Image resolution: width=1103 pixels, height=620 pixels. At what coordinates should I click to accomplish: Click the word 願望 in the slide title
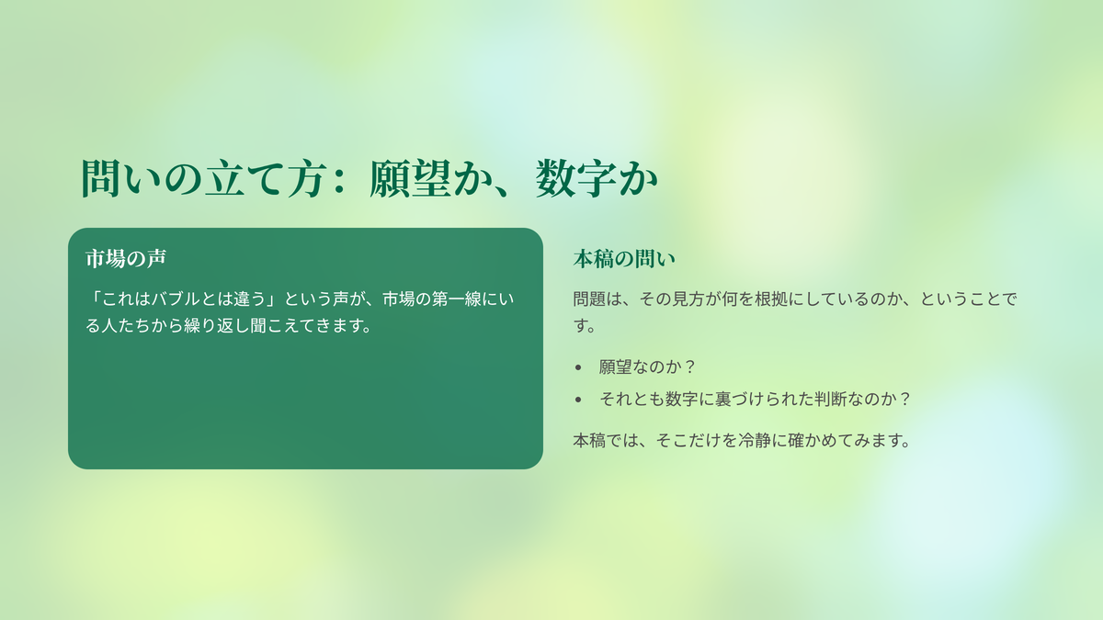[x=410, y=178]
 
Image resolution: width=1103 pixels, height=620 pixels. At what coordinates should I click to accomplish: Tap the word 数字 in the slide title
[x=576, y=178]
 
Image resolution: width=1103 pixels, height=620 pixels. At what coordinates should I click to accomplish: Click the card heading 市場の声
[x=126, y=258]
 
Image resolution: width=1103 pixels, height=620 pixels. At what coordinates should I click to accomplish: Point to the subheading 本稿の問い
[x=624, y=259]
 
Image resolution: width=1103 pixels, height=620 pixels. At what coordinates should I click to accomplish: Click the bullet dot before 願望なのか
[x=578, y=367]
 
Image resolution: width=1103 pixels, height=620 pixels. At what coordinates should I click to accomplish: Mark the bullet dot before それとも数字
[x=578, y=400]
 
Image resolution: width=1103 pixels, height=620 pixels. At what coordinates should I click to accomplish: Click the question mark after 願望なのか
[x=690, y=366]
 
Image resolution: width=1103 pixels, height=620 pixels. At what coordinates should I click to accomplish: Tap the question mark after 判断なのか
[x=904, y=399]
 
